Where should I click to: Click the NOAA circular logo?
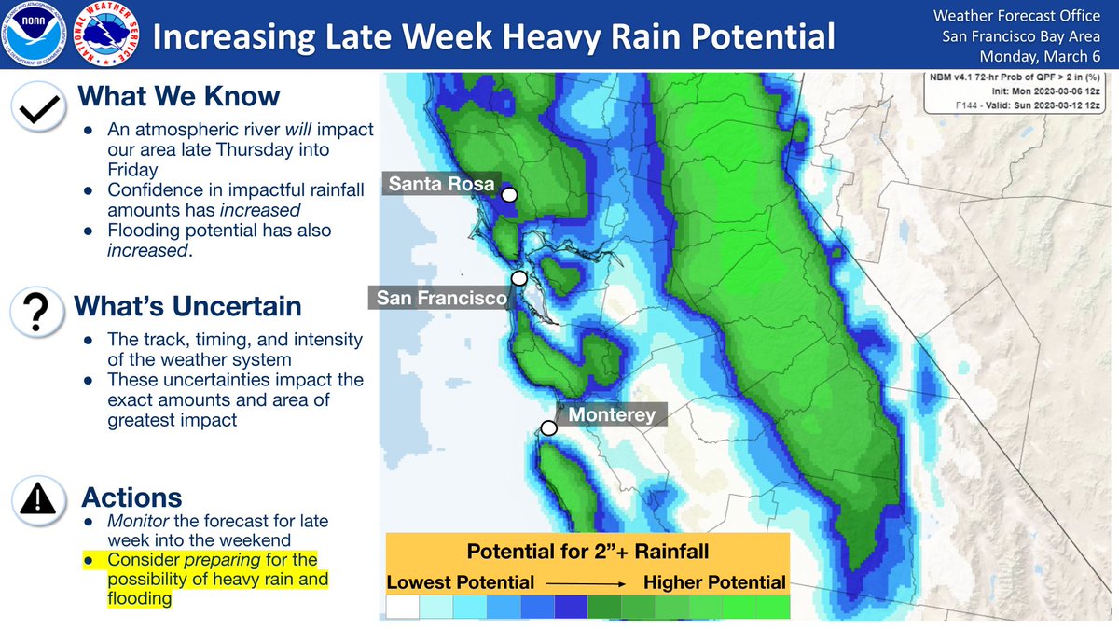coord(34,35)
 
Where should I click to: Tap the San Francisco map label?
coord(441,299)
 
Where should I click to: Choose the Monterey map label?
coord(612,414)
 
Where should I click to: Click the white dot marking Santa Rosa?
coord(509,195)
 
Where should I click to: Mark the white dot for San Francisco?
coord(519,278)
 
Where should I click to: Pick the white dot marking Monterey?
coord(549,427)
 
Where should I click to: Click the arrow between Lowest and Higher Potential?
coord(588,582)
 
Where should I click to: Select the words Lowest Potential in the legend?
coord(461,582)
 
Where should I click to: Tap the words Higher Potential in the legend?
coord(714,582)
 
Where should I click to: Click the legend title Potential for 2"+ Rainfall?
coord(587,551)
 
